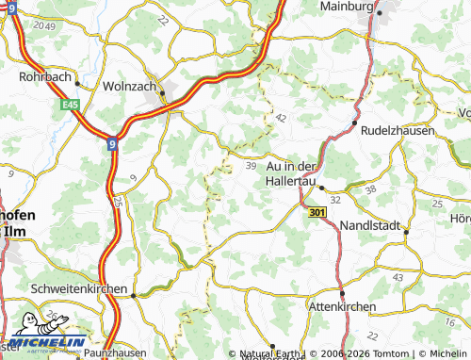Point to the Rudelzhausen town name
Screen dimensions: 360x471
coord(396,131)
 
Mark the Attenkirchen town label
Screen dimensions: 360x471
coord(343,306)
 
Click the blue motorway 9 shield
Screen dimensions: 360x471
coord(113,144)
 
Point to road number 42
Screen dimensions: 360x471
coord(282,118)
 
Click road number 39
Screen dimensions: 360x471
coord(251,165)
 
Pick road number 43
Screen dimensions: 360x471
coord(399,276)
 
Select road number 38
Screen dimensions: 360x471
coord(370,188)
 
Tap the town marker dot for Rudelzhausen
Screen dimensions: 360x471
coord(354,123)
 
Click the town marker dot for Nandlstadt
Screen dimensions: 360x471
coord(405,230)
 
